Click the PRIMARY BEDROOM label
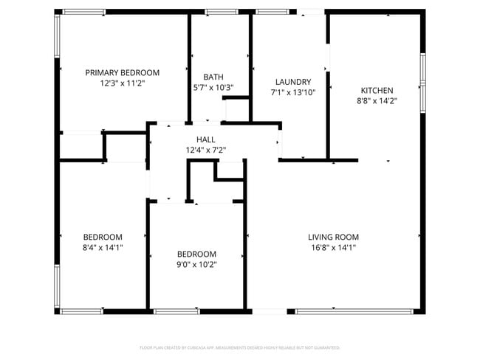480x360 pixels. point(123,72)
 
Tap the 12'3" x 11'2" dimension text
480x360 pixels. point(123,83)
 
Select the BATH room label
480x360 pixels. point(213,77)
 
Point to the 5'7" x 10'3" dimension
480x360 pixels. point(213,88)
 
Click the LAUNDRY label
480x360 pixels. point(293,82)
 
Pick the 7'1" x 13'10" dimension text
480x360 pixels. point(293,93)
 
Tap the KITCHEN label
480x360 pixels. point(377,90)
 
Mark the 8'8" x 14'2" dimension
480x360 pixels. point(377,101)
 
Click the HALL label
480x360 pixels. point(206,139)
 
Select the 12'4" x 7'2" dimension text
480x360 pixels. point(206,150)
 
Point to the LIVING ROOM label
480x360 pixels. point(334,237)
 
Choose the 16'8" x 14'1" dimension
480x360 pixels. point(334,248)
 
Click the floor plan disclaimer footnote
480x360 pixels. point(239,347)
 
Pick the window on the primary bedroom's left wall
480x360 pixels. point(57,35)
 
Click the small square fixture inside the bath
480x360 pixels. point(236,110)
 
